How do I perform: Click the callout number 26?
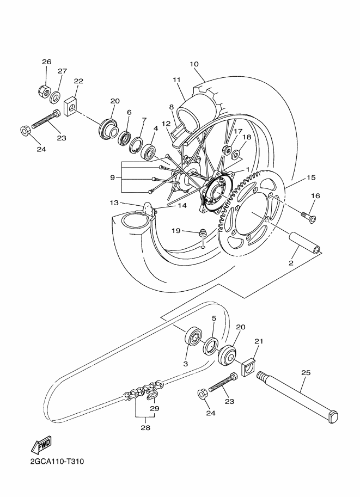46,62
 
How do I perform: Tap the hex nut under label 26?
45,88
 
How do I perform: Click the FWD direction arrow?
40,446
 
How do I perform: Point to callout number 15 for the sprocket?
311,177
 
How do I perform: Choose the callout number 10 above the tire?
194,64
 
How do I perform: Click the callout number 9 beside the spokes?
112,177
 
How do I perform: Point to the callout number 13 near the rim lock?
114,203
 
